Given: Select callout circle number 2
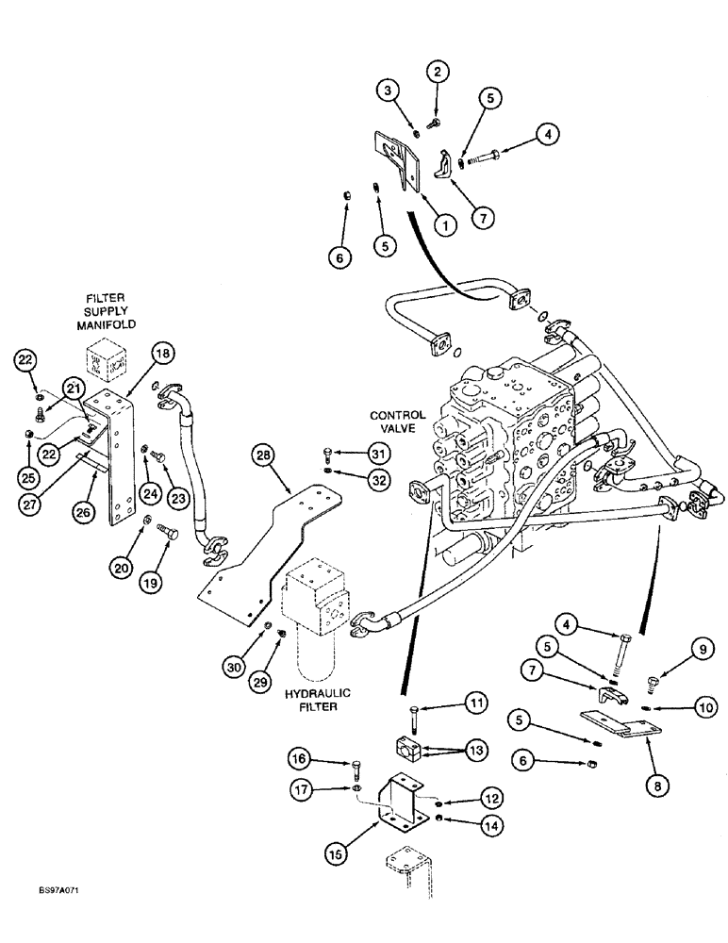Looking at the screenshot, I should (x=436, y=70).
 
